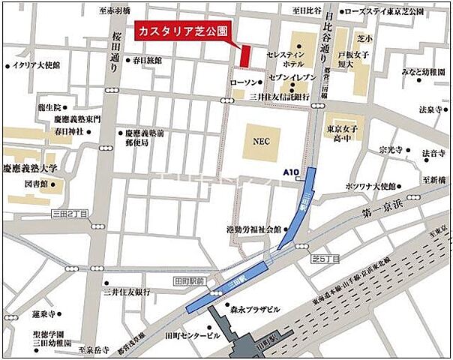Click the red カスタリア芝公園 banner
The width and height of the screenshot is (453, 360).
click(x=182, y=32)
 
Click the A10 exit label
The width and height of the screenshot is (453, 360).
click(x=291, y=172)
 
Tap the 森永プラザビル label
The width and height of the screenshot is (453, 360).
click(x=253, y=309)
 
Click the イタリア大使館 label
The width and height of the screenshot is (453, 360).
click(x=37, y=65)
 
